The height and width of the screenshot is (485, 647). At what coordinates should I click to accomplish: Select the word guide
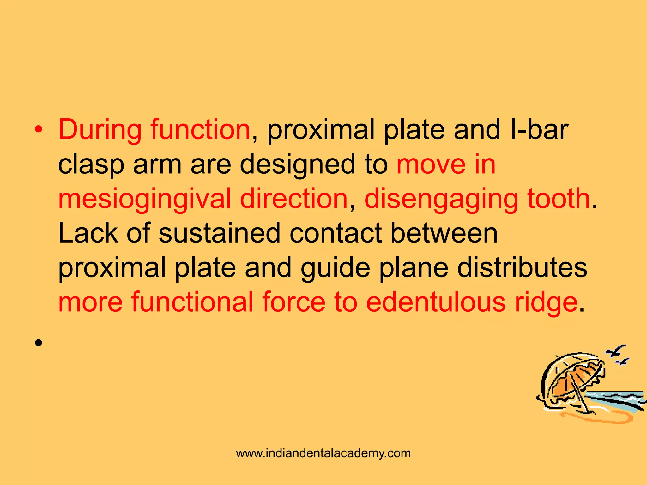[x=335, y=268]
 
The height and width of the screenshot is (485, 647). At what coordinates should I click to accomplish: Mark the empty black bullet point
[x=39, y=343]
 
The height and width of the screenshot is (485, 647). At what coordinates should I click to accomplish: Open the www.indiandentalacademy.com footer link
[x=323, y=453]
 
